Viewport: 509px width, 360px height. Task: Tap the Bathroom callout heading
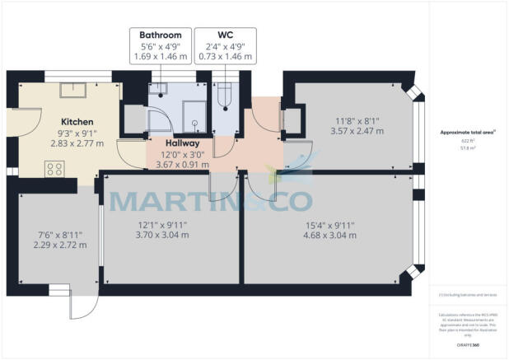click(x=161, y=35)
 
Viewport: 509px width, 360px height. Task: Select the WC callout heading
click(x=225, y=35)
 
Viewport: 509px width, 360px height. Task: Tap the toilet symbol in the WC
click(x=224, y=97)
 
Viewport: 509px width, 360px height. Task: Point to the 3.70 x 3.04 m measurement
click(x=168, y=235)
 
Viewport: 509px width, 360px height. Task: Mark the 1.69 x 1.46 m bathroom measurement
click(x=161, y=57)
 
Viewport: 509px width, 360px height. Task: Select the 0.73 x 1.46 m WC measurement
click(x=225, y=57)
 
